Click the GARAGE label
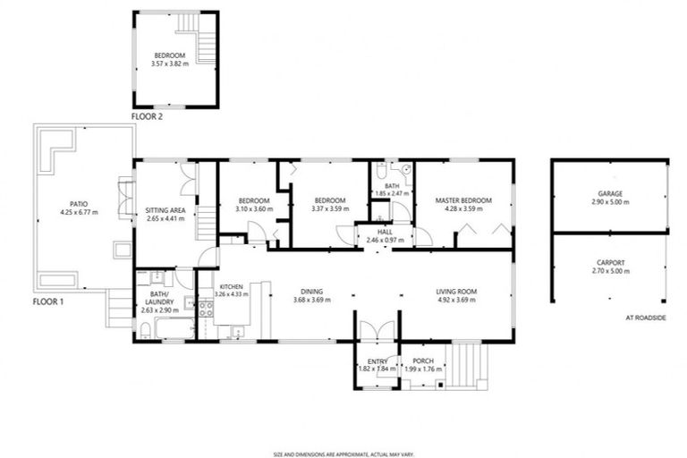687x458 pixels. pos(611,194)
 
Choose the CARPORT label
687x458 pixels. pos(611,263)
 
